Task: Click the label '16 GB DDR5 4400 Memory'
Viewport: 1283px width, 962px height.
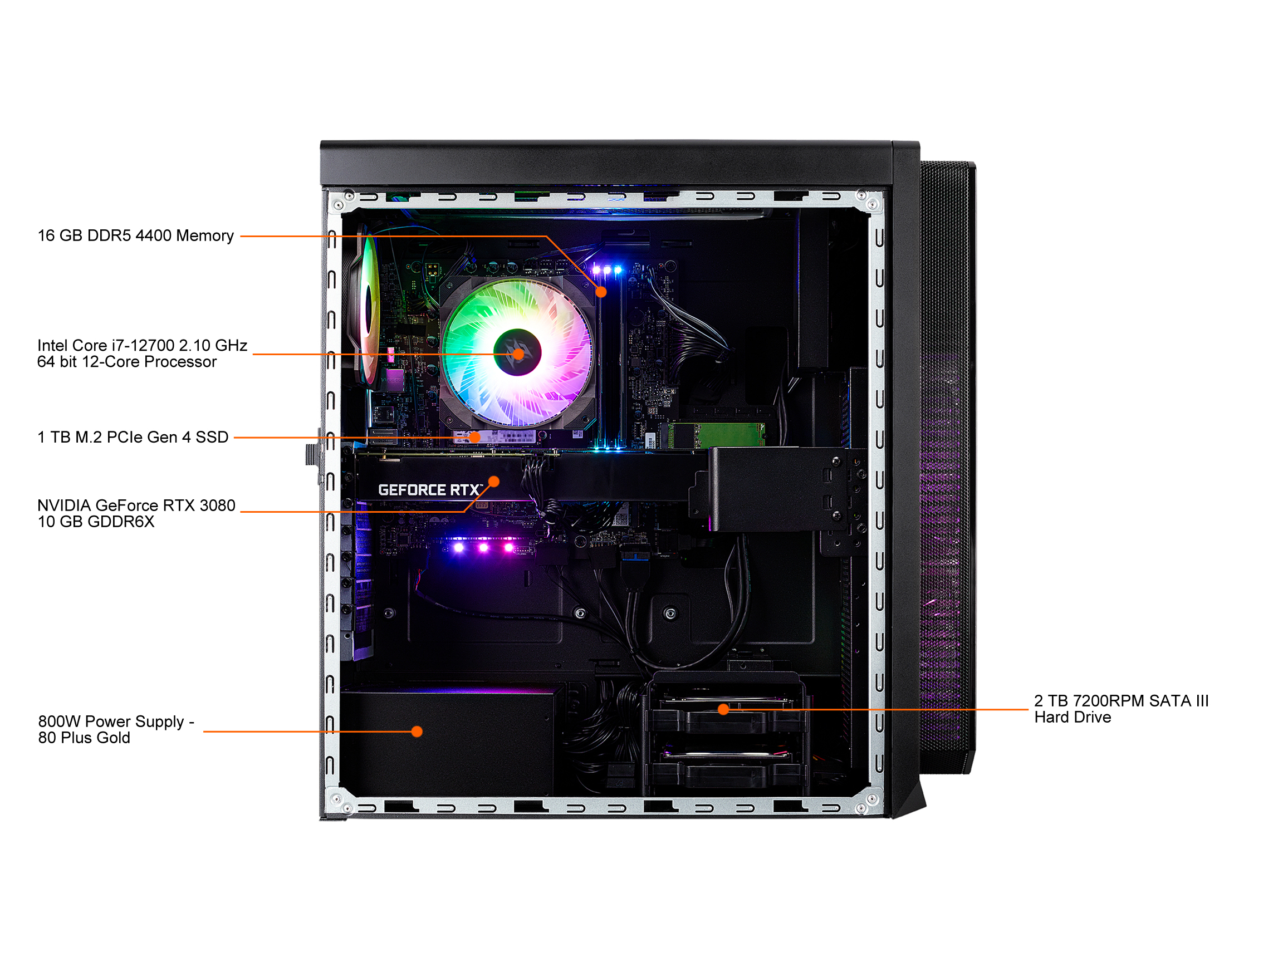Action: [136, 236]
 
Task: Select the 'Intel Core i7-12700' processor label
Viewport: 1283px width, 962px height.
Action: [142, 354]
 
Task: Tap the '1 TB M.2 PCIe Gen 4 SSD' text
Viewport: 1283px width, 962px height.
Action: [133, 437]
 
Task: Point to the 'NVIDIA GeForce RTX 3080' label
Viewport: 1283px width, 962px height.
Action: [136, 514]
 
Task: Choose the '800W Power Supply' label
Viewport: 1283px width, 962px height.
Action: [116, 729]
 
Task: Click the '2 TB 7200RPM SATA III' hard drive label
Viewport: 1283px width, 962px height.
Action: [1121, 709]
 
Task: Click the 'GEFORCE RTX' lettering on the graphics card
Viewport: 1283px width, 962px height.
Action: [430, 490]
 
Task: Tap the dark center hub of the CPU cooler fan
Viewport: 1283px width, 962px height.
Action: [517, 352]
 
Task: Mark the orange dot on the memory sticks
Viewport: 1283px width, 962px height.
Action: [601, 292]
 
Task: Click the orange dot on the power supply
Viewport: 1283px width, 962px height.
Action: [417, 732]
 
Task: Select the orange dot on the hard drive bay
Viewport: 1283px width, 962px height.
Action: [723, 709]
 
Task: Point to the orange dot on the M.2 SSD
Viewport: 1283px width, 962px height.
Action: [475, 437]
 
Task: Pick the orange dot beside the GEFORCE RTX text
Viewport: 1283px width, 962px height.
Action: [494, 482]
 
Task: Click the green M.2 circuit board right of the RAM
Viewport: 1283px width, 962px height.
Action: [717, 435]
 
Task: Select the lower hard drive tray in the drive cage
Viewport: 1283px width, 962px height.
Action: [727, 768]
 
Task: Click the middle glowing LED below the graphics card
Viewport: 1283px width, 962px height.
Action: [483, 547]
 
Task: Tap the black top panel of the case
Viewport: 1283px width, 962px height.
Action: [606, 164]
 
